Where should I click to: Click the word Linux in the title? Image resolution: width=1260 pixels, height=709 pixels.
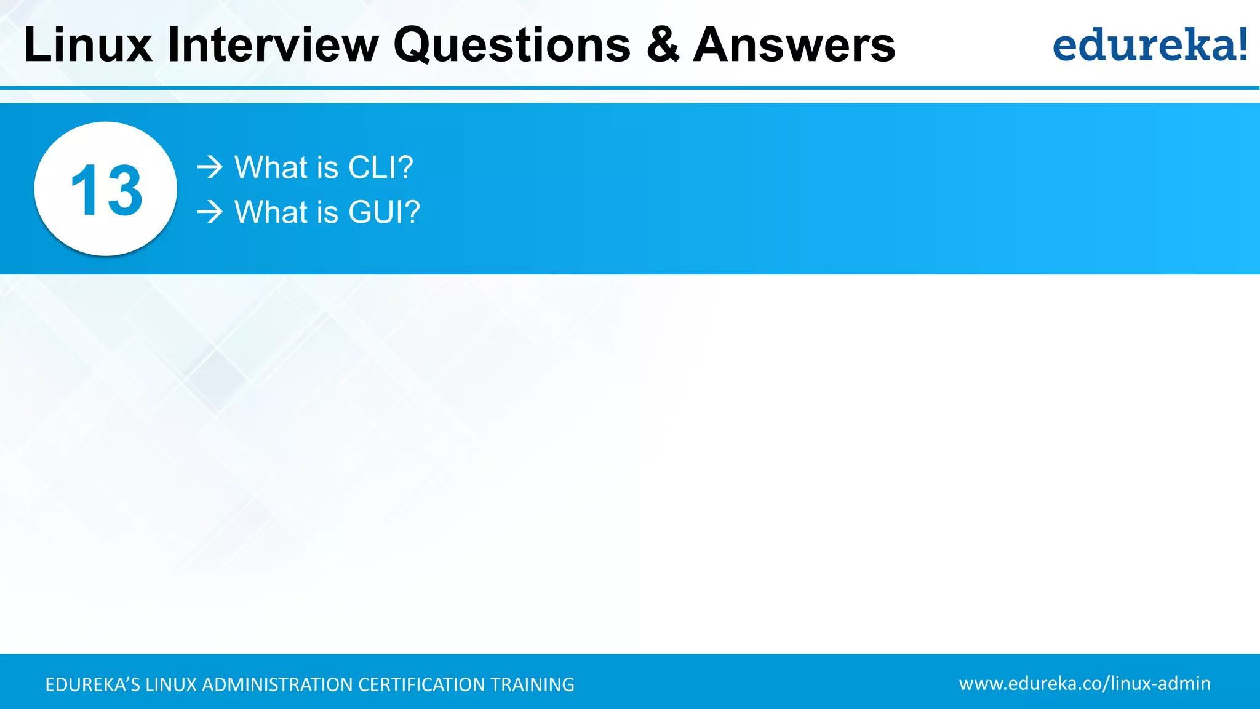pyautogui.click(x=88, y=45)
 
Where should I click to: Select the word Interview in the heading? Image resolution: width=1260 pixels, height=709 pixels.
pyautogui.click(x=273, y=45)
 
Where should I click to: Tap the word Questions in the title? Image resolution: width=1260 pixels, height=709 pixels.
pyautogui.click(x=512, y=45)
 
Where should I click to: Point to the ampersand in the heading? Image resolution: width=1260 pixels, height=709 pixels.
pyautogui.click(x=663, y=45)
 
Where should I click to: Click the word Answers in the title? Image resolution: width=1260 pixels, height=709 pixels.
pyautogui.click(x=794, y=45)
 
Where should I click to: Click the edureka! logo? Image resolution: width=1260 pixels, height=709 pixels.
pyautogui.click(x=1149, y=45)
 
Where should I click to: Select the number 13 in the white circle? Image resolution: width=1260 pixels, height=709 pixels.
pyautogui.click(x=106, y=190)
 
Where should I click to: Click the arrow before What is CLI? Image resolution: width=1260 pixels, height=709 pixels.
pyautogui.click(x=210, y=167)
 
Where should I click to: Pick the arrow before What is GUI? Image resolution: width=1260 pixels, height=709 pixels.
pyautogui.click(x=210, y=212)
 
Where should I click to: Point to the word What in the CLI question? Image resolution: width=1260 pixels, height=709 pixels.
pyautogui.click(x=271, y=167)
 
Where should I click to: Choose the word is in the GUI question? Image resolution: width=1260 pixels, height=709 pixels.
pyautogui.click(x=327, y=212)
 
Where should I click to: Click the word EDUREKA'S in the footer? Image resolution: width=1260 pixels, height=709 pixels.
pyautogui.click(x=92, y=684)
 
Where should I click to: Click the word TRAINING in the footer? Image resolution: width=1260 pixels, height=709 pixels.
pyautogui.click(x=532, y=684)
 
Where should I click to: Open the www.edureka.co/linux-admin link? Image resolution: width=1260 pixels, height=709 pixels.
pyautogui.click(x=1084, y=683)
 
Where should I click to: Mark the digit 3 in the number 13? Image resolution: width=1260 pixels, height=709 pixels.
pyautogui.click(x=124, y=190)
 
